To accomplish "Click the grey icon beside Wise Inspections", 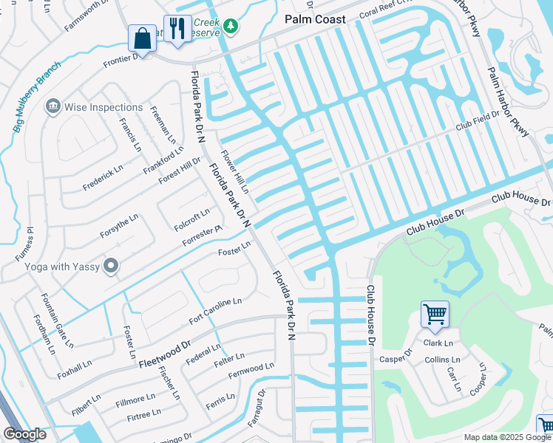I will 52,107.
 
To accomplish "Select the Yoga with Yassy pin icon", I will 111,265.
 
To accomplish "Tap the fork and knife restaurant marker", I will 177,28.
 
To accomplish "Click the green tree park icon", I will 231,27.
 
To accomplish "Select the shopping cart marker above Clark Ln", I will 435,314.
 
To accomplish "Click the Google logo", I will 24,434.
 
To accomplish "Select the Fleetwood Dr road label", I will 163,354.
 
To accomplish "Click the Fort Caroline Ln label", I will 215,311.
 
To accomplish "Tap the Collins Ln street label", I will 442,360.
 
